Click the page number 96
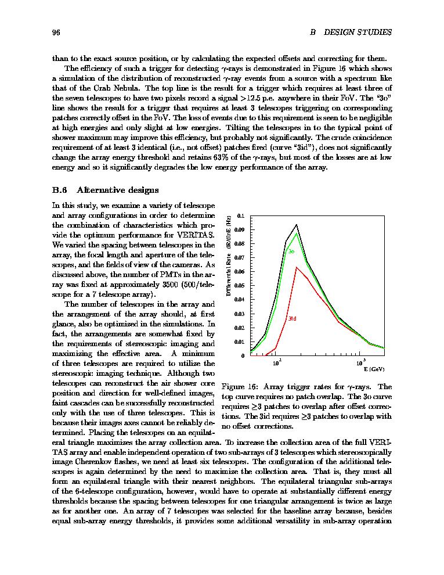coord(57,32)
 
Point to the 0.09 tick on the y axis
coord(240,229)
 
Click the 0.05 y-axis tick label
coord(240,286)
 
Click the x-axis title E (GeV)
coord(373,369)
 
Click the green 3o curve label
coord(292,251)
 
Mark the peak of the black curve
coord(297,225)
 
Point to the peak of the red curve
coord(297,267)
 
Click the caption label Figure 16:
coord(240,387)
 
